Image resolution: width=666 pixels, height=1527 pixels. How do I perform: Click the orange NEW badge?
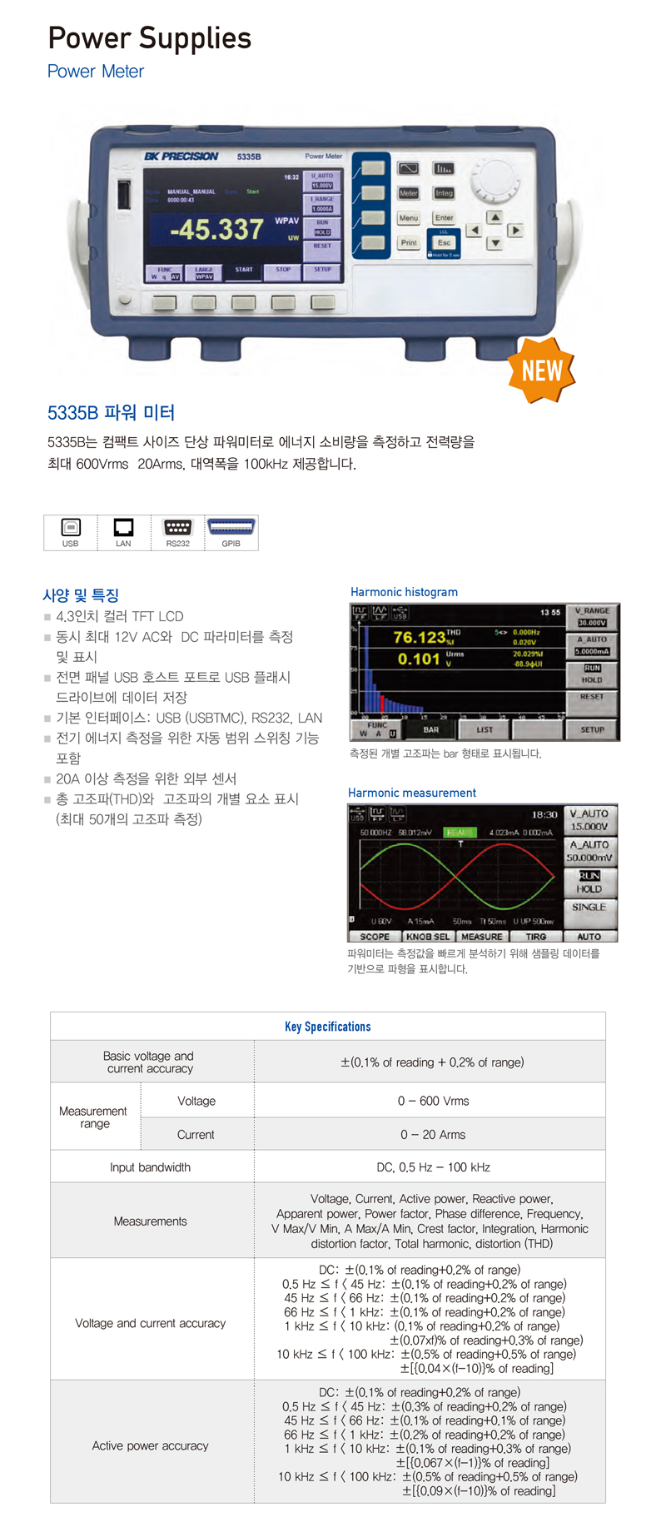pyautogui.click(x=541, y=370)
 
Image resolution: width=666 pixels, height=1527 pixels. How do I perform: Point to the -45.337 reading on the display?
pyautogui.click(x=216, y=229)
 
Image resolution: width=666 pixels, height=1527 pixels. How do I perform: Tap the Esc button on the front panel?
pyautogui.click(x=444, y=243)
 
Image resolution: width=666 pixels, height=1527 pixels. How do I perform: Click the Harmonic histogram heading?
pyautogui.click(x=404, y=592)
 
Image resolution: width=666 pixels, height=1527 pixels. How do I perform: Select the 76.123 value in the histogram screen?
pyautogui.click(x=419, y=637)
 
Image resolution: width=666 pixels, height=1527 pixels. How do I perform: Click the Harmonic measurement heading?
pyautogui.click(x=411, y=793)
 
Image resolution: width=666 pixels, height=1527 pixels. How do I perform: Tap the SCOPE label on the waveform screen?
pyautogui.click(x=375, y=936)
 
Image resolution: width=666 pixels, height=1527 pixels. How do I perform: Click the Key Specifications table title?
pyautogui.click(x=327, y=1027)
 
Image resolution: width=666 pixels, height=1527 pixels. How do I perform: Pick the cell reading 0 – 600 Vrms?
pyautogui.click(x=433, y=1101)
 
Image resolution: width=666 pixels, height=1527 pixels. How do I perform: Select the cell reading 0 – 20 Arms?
pyautogui.click(x=433, y=1135)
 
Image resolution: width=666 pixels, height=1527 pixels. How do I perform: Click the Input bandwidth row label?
pyautogui.click(x=150, y=1167)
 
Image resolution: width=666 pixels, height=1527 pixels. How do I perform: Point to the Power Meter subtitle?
pyautogui.click(x=95, y=72)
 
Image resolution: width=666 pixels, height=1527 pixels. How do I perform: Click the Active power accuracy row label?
pyautogui.click(x=150, y=1445)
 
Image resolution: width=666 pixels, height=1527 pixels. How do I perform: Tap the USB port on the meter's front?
pyautogui.click(x=124, y=196)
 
